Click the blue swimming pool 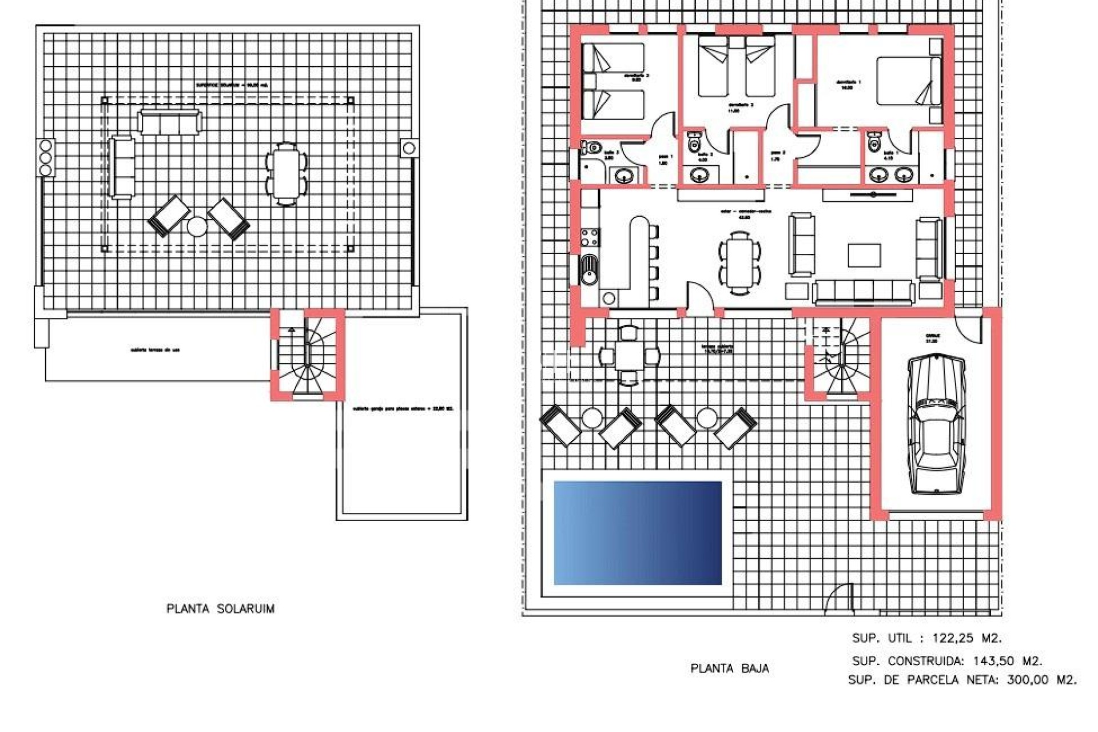coord(638,533)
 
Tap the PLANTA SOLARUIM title coord(220,608)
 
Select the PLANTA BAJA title coord(729,669)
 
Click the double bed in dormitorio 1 coord(908,81)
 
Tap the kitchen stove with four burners coord(590,237)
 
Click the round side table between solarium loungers coord(197,227)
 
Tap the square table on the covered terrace coord(628,356)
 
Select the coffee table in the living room coord(864,256)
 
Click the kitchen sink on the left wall coord(588,269)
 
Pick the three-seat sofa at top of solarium coord(170,122)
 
